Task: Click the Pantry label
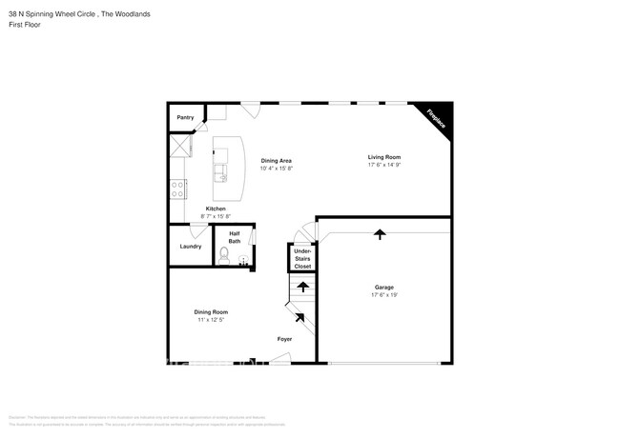[x=185, y=118]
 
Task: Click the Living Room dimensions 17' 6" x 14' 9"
[x=384, y=165]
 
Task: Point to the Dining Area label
[x=278, y=160]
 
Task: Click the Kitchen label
[x=216, y=209]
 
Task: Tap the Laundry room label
[x=190, y=247]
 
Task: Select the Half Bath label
[x=235, y=238]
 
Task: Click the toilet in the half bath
[x=225, y=255]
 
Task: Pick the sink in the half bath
[x=243, y=259]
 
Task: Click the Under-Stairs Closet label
[x=302, y=258]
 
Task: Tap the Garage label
[x=384, y=287]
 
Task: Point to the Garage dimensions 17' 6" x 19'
[x=384, y=295]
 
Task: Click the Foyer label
[x=284, y=339]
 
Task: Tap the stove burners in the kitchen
[x=177, y=189]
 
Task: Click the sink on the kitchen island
[x=221, y=172]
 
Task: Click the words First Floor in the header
[x=23, y=25]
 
